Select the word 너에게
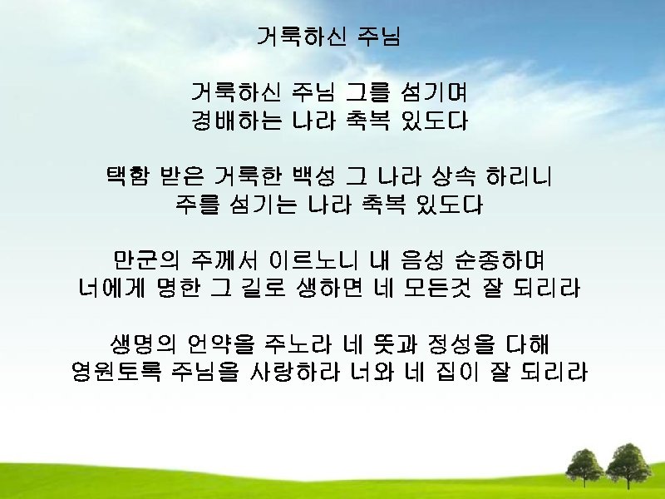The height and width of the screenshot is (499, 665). [x=106, y=289]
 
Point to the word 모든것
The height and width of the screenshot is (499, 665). [x=438, y=289]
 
